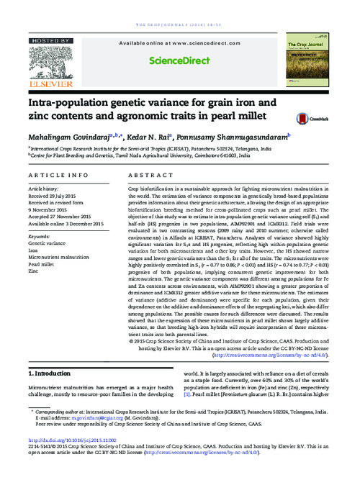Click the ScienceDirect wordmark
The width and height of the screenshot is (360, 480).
pyautogui.click(x=178, y=62)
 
